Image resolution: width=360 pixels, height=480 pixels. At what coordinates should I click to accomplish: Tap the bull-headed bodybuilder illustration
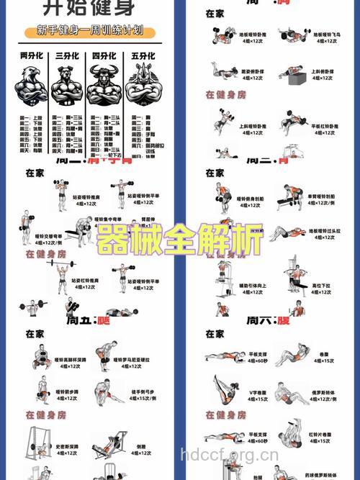pos(104,86)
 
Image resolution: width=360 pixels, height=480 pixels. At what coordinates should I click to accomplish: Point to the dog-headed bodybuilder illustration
pos(68,86)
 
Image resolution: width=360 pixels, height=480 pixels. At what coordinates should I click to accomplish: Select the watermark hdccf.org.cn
pos(229,454)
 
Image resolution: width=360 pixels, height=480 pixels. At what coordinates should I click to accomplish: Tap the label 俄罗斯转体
pos(324,392)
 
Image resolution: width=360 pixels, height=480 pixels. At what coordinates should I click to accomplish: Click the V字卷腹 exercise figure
pos(221,391)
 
